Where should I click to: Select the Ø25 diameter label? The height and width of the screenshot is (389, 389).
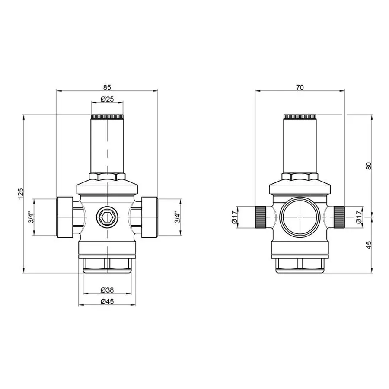click(x=107, y=99)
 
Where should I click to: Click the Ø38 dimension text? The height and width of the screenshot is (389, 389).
click(x=107, y=290)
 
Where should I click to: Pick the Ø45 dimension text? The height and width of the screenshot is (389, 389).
click(x=107, y=301)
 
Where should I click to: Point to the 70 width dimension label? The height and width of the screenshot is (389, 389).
click(x=300, y=87)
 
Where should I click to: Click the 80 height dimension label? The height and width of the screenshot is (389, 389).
click(x=368, y=166)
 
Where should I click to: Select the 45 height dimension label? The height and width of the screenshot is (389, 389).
click(x=368, y=245)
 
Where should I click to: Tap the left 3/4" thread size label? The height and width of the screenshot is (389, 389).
click(x=30, y=217)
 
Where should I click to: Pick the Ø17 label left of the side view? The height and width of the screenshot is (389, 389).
click(x=235, y=217)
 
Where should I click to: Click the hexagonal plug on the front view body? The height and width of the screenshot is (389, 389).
click(x=107, y=216)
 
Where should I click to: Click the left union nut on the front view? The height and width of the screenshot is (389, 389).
click(x=65, y=217)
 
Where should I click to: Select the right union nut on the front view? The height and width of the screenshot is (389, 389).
click(x=148, y=217)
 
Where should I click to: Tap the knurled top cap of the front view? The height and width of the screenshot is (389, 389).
click(x=107, y=117)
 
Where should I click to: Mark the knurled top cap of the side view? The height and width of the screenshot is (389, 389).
click(x=300, y=117)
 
